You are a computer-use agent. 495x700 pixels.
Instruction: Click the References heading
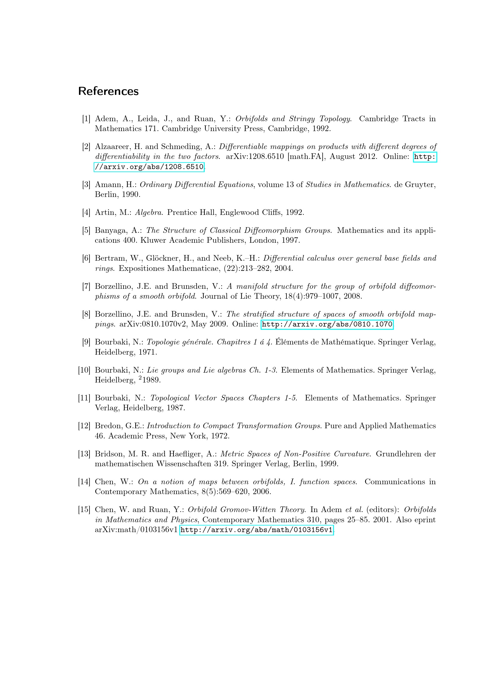click(x=108, y=91)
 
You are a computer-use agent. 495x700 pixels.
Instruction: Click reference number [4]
click(x=86, y=212)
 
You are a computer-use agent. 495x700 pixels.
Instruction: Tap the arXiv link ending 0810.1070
click(x=327, y=324)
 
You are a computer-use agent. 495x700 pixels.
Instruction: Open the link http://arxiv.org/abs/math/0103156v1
click(x=256, y=530)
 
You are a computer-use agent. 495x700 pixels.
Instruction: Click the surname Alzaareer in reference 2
click(x=112, y=147)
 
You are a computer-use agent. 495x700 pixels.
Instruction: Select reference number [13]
click(x=84, y=454)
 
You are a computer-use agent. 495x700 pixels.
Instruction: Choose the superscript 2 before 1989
click(x=140, y=378)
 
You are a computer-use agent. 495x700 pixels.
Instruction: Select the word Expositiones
click(x=141, y=268)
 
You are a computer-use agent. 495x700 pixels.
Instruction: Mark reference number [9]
click(x=86, y=342)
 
